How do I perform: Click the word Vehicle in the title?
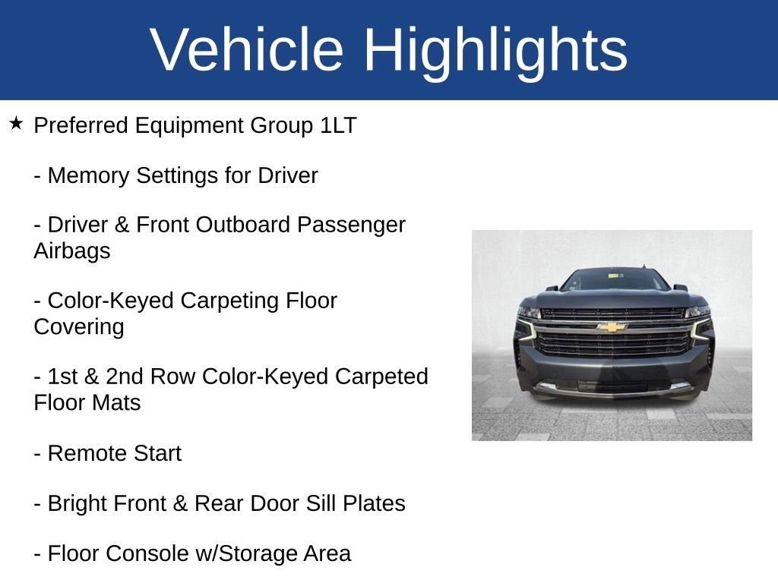click(x=247, y=49)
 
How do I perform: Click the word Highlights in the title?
click(x=495, y=49)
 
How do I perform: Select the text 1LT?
click(x=338, y=126)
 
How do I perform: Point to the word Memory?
click(x=89, y=176)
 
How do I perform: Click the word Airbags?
click(x=72, y=251)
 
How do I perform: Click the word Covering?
click(x=78, y=327)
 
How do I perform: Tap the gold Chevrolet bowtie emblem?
click(x=612, y=327)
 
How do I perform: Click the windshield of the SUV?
click(x=615, y=280)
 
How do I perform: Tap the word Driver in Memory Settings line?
click(x=287, y=176)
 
